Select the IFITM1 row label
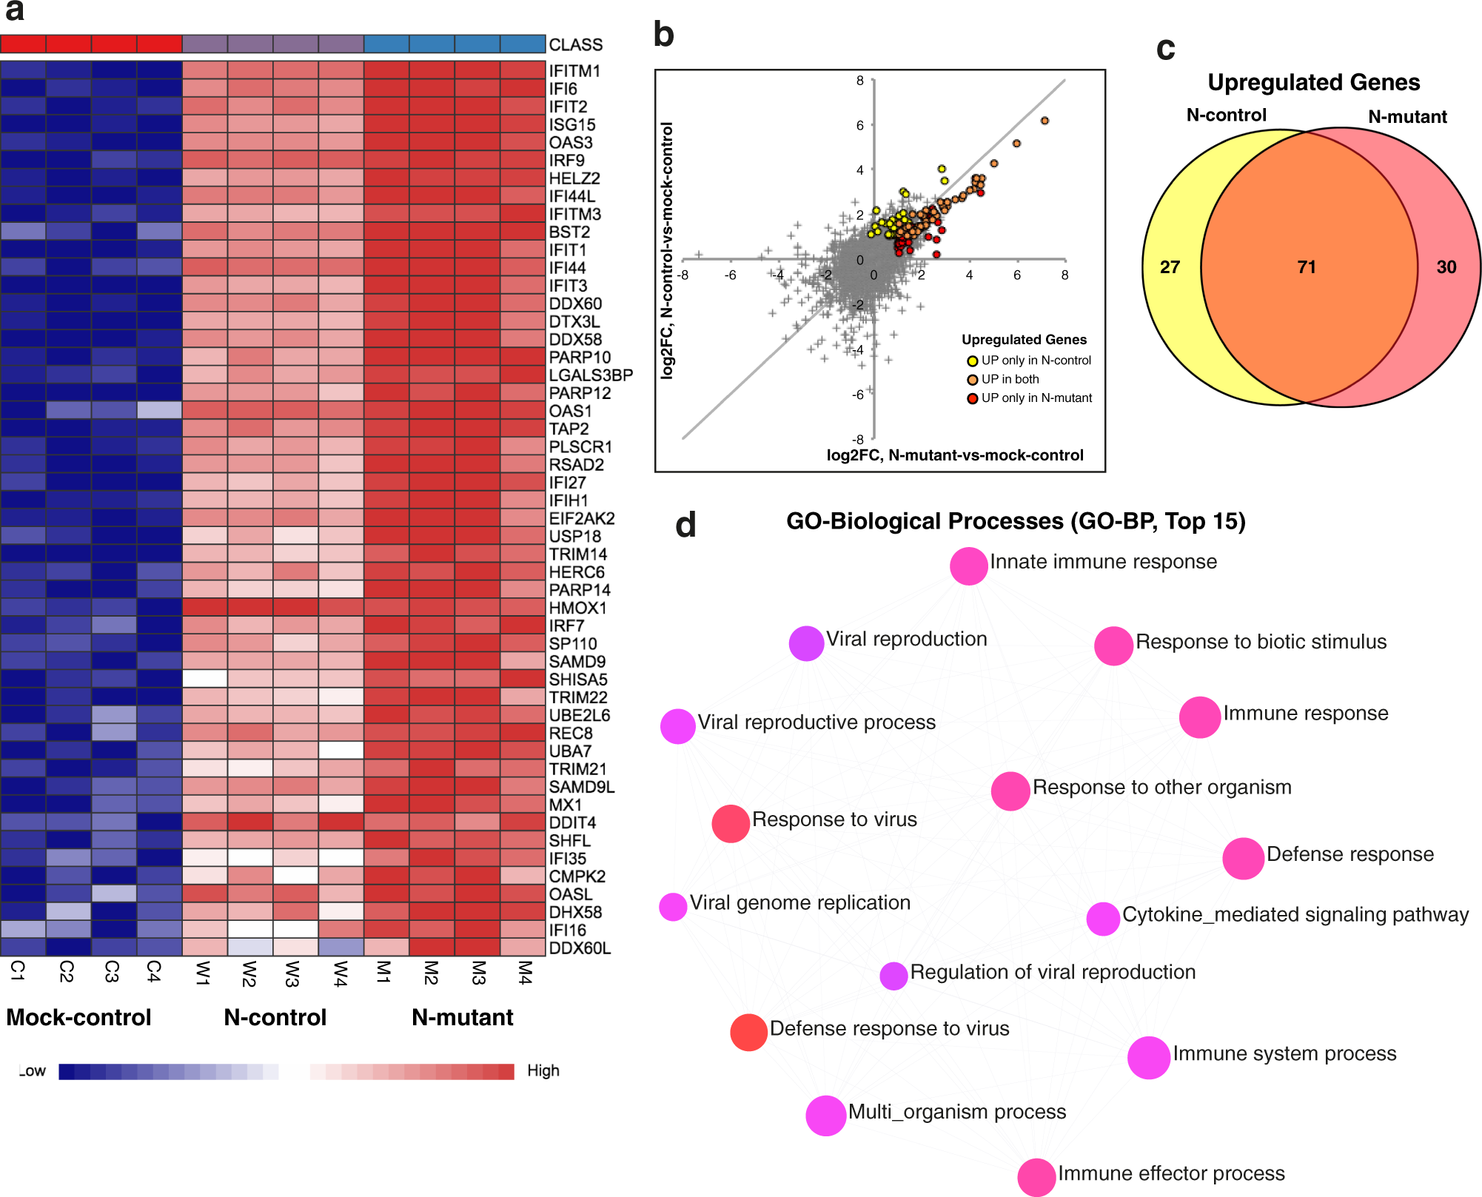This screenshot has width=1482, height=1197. tap(574, 71)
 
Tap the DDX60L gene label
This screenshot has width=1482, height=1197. tap(580, 948)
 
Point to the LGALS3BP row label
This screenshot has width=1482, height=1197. tap(591, 375)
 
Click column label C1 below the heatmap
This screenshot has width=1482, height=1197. tap(19, 970)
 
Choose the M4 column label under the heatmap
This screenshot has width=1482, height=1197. tap(524, 972)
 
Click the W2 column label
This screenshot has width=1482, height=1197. tap(249, 973)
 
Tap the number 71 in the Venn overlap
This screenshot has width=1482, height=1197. tap(1307, 267)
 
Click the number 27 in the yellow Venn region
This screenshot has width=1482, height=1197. tap(1170, 267)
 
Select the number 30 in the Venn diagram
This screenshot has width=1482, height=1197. tap(1446, 267)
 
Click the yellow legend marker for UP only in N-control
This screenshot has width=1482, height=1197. tap(973, 361)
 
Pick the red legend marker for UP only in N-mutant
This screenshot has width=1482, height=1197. tap(973, 399)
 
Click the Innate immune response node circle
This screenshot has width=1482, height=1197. tap(968, 566)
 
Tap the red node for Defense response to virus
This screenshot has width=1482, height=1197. tap(748, 1032)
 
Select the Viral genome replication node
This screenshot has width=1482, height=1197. tap(673, 906)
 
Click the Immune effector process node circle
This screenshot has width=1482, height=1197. tap(1036, 1177)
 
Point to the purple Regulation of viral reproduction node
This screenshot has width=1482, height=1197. tap(893, 976)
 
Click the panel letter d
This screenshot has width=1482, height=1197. tap(685, 525)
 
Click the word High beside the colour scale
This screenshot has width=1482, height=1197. tap(543, 1070)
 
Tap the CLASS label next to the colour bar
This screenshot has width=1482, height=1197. tap(575, 45)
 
